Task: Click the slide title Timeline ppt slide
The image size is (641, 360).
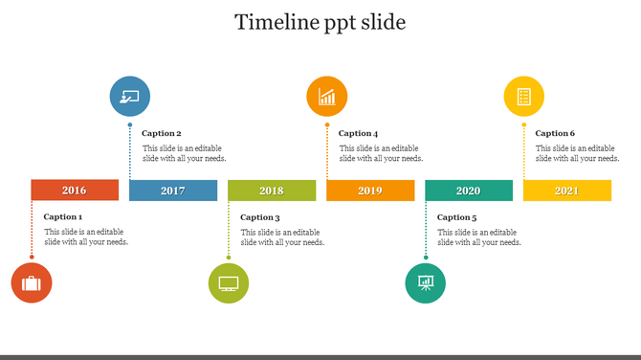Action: point(320,22)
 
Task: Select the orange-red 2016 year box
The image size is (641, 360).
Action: point(75,191)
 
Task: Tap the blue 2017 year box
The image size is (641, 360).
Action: point(173,191)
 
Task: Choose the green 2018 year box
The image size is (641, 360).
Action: point(272,191)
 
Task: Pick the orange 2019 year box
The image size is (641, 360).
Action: point(370,191)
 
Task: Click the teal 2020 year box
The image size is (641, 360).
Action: point(469,191)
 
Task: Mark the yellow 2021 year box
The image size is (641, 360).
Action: point(567,191)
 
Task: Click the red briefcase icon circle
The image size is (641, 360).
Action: point(32,283)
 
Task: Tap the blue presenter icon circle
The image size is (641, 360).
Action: point(130,96)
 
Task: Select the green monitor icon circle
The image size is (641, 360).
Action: point(229,283)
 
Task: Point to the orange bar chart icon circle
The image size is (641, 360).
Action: point(327,96)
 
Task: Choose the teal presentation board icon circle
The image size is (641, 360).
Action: point(426,283)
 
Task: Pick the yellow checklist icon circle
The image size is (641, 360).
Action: point(524,96)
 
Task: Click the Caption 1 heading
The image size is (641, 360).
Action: point(63,217)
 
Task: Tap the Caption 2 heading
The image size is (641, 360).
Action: point(162,134)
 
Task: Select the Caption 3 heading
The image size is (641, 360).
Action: point(260,217)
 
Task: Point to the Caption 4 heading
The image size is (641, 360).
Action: point(359,134)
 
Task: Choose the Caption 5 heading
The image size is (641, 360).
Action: point(457,217)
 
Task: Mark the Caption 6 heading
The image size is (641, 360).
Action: point(556,134)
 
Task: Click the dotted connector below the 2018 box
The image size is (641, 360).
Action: point(229,230)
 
